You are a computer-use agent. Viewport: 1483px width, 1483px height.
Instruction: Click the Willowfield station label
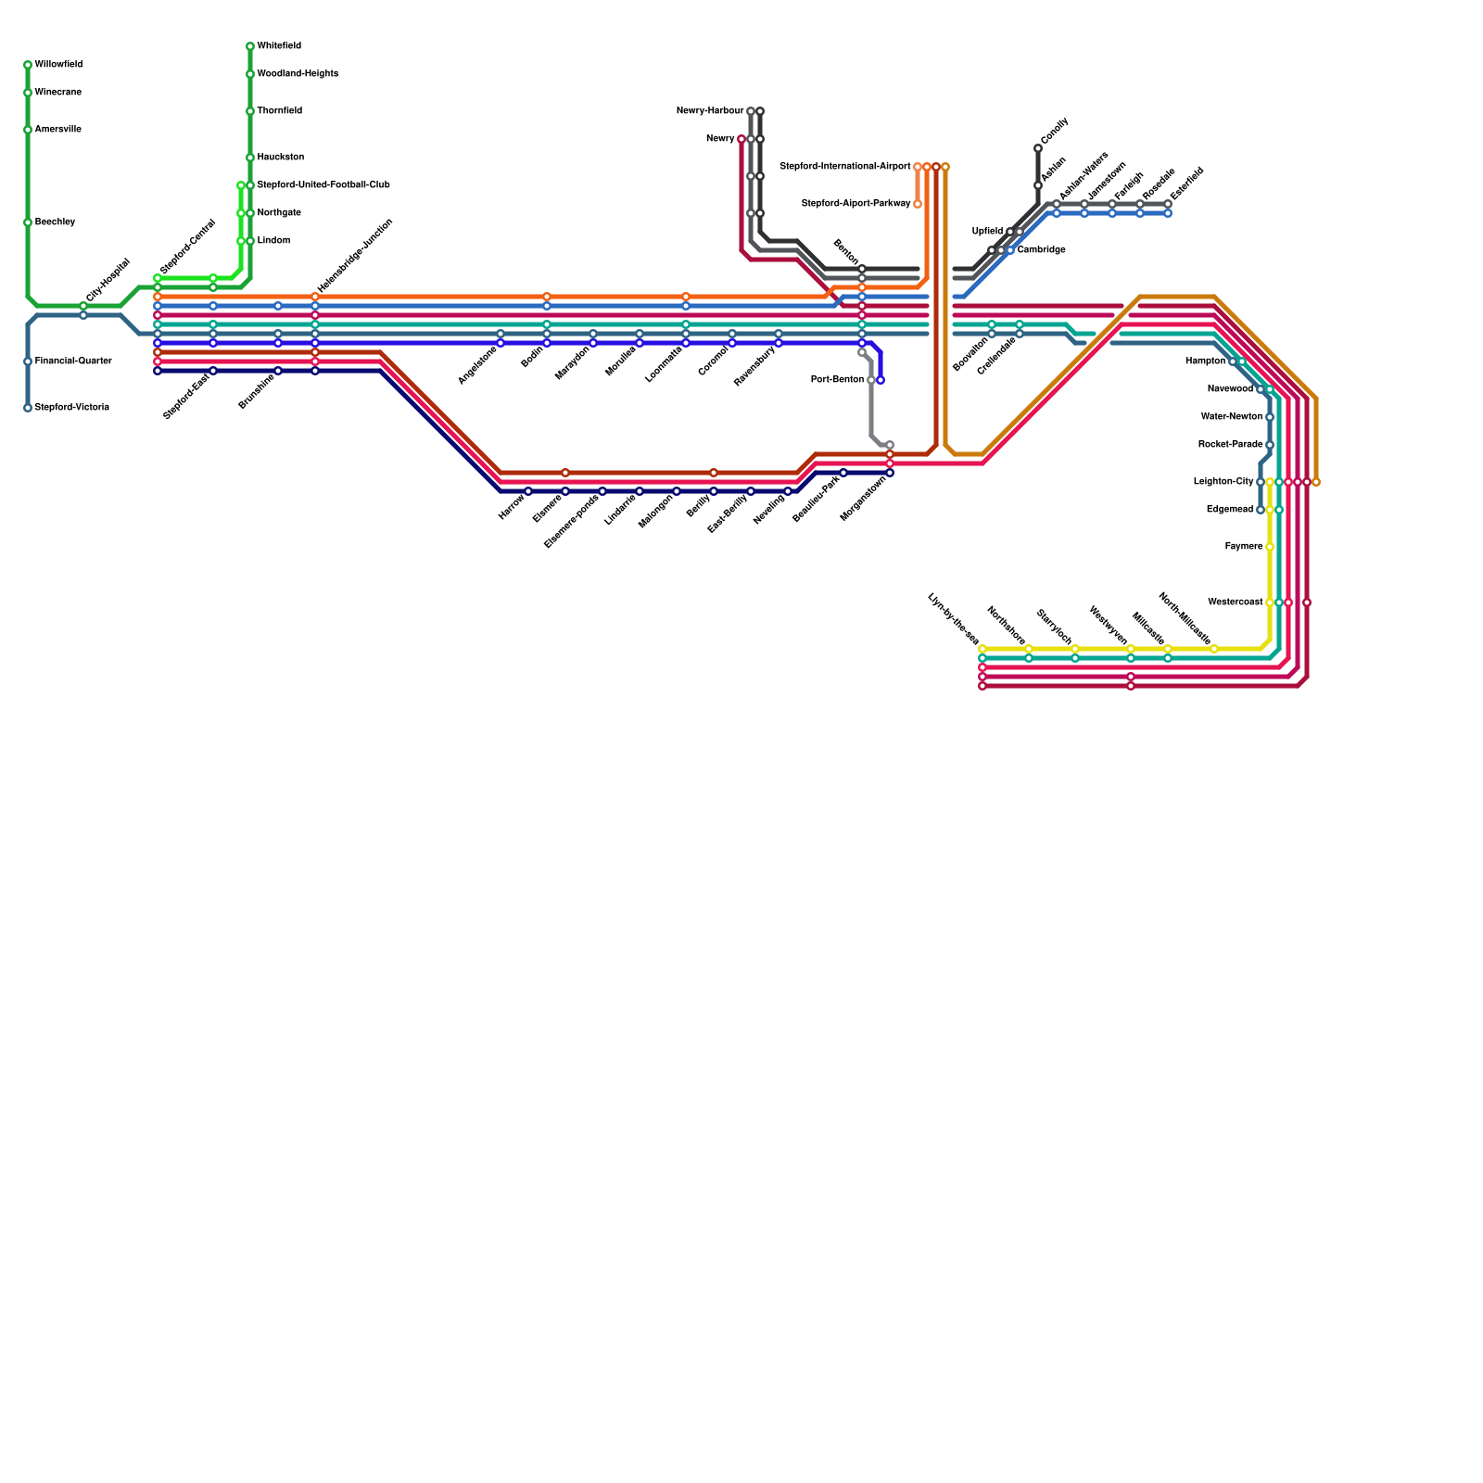click(x=58, y=65)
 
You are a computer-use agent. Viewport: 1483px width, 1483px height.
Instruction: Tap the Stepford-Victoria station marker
click(x=28, y=408)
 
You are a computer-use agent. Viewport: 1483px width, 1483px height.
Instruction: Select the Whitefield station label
click(x=278, y=46)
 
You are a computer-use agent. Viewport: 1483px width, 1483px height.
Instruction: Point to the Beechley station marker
click(x=28, y=222)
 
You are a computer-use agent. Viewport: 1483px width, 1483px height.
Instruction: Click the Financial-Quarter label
click(x=72, y=361)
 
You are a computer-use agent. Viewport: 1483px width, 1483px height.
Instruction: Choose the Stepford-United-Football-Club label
click(x=323, y=185)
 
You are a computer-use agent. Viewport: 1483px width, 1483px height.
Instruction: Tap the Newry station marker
click(x=741, y=139)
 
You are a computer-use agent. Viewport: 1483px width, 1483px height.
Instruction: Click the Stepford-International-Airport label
click(x=845, y=167)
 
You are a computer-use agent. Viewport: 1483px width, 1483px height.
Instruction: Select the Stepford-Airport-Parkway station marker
click(x=918, y=204)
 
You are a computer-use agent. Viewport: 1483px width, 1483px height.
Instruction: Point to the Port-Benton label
click(x=837, y=380)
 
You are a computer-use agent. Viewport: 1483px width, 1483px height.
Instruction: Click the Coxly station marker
click(x=1038, y=148)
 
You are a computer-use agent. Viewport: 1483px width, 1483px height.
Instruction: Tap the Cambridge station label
click(x=1041, y=250)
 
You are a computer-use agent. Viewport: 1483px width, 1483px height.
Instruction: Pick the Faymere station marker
click(x=1270, y=547)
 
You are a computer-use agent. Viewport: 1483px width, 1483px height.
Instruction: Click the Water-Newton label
click(x=1231, y=417)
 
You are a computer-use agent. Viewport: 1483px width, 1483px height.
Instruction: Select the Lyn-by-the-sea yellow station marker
click(x=982, y=649)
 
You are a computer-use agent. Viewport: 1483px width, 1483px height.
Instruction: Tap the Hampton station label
click(x=1205, y=361)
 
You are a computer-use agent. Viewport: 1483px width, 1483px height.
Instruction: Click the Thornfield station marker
click(x=250, y=111)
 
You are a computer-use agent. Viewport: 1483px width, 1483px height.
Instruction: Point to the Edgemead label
click(x=1229, y=510)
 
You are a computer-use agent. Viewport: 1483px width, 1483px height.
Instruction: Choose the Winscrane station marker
click(x=28, y=93)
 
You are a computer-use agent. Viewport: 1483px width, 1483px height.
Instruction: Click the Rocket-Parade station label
click(x=1230, y=445)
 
